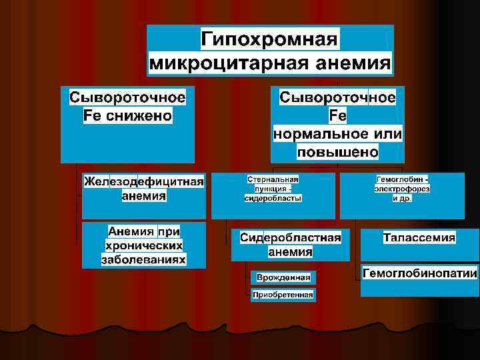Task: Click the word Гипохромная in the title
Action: coord(270,39)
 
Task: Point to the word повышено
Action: coord(337,152)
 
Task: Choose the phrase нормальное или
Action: coord(337,134)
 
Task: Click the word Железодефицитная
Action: coord(143,182)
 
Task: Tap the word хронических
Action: coord(143,245)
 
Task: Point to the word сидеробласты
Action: coord(273,198)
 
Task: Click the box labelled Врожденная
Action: coord(283,277)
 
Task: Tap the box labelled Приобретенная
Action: coord(283,295)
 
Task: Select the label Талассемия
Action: coord(419,237)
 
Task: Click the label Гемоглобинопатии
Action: coord(419,273)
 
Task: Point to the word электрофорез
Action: coord(401,189)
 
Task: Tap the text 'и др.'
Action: coord(401,198)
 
